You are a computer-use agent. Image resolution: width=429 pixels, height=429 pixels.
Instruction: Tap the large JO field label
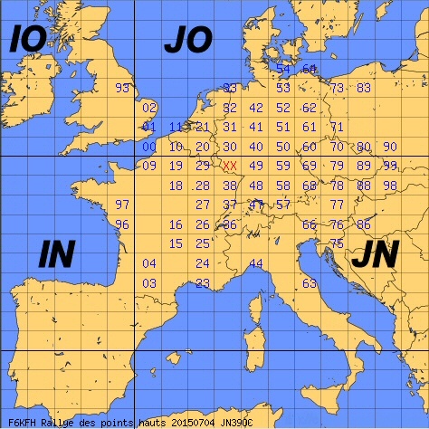(187, 40)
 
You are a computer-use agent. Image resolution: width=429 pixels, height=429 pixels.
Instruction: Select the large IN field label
(57, 256)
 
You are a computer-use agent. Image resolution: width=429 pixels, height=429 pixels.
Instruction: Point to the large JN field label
(374, 256)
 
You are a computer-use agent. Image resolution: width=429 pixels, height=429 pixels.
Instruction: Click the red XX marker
(230, 166)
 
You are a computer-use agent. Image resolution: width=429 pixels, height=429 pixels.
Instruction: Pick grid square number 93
(123, 88)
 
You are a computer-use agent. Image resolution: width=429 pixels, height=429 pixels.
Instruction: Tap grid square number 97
(123, 205)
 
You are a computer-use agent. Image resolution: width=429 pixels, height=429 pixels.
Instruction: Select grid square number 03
(150, 283)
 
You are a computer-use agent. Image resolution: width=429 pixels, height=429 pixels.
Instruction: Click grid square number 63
(310, 283)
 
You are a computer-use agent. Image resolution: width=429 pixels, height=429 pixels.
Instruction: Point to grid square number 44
(256, 263)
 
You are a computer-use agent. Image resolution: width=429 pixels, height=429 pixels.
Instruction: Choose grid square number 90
(389, 147)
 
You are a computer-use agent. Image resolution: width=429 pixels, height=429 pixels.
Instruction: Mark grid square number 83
(363, 88)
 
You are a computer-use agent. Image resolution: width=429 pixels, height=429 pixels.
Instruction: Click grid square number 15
(176, 243)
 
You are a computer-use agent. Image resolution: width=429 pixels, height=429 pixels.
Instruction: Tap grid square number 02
(150, 108)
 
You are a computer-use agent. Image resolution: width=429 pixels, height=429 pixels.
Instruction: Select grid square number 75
(336, 243)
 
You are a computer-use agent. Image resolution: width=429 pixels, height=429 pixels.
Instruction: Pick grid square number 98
(389, 186)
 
